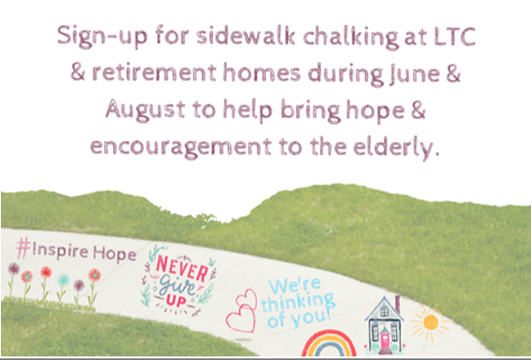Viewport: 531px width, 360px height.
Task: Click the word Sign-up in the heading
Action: tap(102, 37)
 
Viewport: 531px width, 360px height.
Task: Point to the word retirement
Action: tap(154, 73)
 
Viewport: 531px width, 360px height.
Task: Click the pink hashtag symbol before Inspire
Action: tap(23, 248)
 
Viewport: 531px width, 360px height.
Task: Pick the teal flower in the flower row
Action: tap(63, 280)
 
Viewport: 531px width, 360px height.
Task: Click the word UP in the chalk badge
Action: tap(176, 301)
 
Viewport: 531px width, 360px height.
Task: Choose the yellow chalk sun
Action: tap(430, 322)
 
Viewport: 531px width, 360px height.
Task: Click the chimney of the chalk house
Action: tap(397, 304)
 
